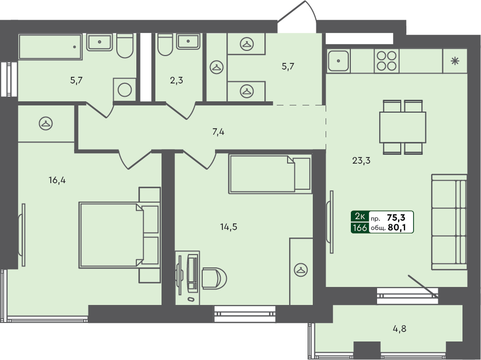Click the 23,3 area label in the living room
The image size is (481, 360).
click(x=362, y=160)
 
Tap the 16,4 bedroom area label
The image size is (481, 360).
click(x=58, y=180)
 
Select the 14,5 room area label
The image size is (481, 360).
click(x=229, y=226)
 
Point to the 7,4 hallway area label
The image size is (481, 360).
click(x=218, y=132)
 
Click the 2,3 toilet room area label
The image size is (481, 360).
click(x=176, y=80)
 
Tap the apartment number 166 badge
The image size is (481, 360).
click(x=359, y=227)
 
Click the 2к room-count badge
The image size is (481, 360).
click(x=359, y=218)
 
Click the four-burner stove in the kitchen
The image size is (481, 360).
click(x=386, y=61)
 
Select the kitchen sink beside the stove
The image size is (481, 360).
click(x=339, y=61)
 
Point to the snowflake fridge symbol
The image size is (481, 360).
click(x=455, y=61)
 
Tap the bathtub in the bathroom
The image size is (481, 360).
click(x=50, y=47)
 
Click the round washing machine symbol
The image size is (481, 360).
click(x=124, y=89)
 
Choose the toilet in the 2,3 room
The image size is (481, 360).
click(x=165, y=45)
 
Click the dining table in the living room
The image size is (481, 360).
click(x=402, y=128)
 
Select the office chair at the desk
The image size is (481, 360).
click(x=211, y=278)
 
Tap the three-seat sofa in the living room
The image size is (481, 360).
click(x=449, y=222)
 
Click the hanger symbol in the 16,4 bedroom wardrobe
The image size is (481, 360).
click(x=46, y=123)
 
